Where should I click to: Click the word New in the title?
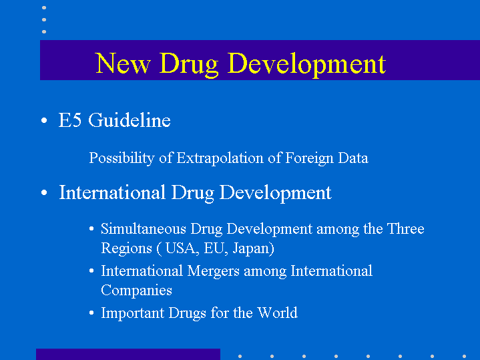click(x=123, y=63)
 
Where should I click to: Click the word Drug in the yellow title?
click(x=188, y=65)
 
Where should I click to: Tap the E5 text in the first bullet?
click(x=70, y=120)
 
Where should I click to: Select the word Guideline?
click(x=130, y=120)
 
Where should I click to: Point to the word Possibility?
click(x=122, y=158)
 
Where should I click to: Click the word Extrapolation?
click(x=220, y=158)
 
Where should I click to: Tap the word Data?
click(x=353, y=158)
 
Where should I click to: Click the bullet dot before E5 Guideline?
click(x=44, y=120)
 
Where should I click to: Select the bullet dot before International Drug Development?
click(x=44, y=193)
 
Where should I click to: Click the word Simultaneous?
click(x=144, y=229)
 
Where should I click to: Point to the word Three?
click(x=406, y=229)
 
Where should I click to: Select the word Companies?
click(x=137, y=291)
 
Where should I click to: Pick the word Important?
click(x=133, y=313)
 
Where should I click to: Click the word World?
click(x=277, y=313)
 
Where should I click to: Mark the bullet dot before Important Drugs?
click(x=91, y=313)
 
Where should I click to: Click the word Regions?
click(x=126, y=248)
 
